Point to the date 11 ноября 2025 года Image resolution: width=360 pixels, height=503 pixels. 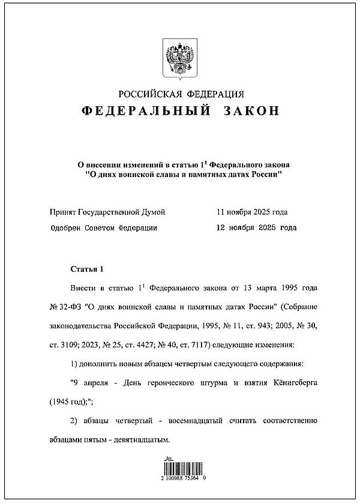252,212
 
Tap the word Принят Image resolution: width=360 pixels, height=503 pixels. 65,212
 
